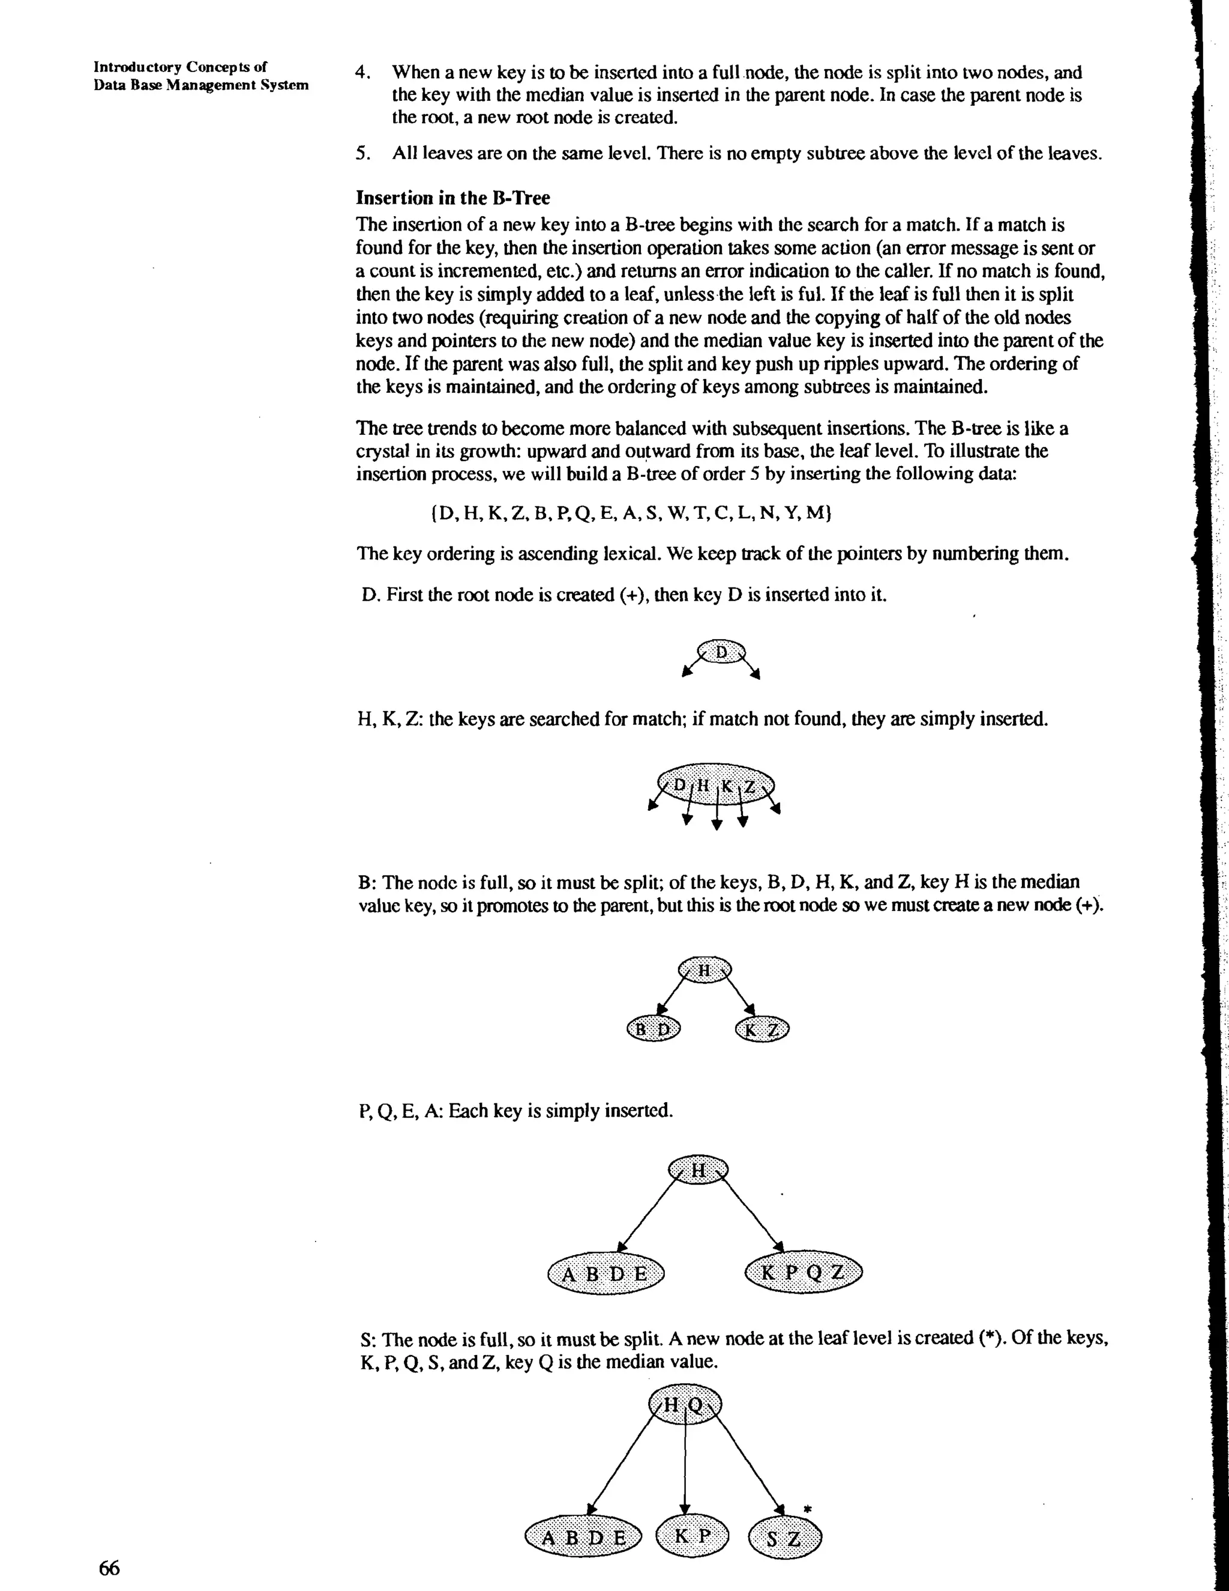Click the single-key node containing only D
coord(721,652)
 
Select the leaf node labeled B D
coord(653,1029)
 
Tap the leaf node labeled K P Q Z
coord(803,1273)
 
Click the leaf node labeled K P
coord(692,1536)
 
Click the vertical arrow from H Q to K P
coord(684,1471)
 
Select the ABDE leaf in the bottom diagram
coord(584,1537)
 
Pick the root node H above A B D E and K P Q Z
coord(697,1170)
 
